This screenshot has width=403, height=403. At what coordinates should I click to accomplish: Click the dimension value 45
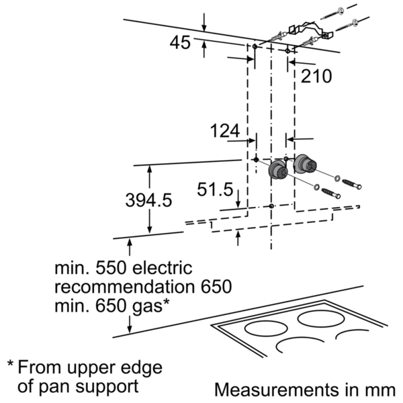click(x=180, y=43)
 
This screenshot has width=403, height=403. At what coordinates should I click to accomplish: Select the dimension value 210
click(x=316, y=77)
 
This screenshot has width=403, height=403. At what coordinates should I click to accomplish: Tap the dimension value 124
click(x=225, y=131)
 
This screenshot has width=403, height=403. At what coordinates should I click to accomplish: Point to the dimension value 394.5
click(x=148, y=200)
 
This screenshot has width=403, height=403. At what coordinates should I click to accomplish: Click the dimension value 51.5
click(x=215, y=189)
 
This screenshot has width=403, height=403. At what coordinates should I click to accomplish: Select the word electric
click(x=163, y=268)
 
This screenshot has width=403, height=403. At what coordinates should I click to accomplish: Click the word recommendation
click(x=126, y=287)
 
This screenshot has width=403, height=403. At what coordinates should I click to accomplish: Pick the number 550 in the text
click(x=111, y=268)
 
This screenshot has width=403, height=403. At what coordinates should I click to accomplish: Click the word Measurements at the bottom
click(x=276, y=390)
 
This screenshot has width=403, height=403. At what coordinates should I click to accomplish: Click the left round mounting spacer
click(x=277, y=170)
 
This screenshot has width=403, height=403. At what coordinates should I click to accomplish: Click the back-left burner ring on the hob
click(x=266, y=328)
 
